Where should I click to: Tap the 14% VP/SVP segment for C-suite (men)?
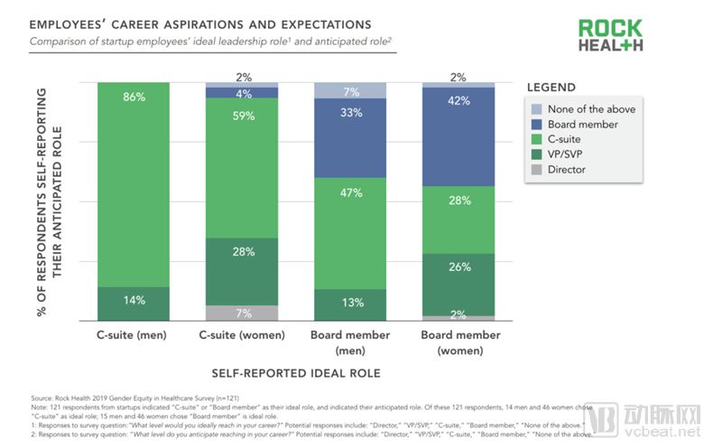pyautogui.click(x=134, y=303)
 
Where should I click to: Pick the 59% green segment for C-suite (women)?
pyautogui.click(x=242, y=167)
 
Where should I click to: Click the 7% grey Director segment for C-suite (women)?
pyautogui.click(x=242, y=313)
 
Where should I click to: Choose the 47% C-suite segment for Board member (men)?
pyautogui.click(x=350, y=233)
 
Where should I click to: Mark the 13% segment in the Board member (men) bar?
pyautogui.click(x=350, y=304)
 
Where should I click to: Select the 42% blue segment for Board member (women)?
pyautogui.click(x=458, y=136)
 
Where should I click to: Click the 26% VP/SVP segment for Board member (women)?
pyautogui.click(x=458, y=285)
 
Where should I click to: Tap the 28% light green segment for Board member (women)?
pyautogui.click(x=458, y=219)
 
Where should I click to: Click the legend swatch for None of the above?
pyautogui.click(x=539, y=109)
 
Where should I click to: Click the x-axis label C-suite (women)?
pyautogui.click(x=242, y=336)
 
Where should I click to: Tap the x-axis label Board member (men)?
pyautogui.click(x=350, y=342)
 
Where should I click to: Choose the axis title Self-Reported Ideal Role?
pyautogui.click(x=295, y=372)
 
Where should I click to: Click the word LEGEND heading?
pyautogui.click(x=551, y=88)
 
